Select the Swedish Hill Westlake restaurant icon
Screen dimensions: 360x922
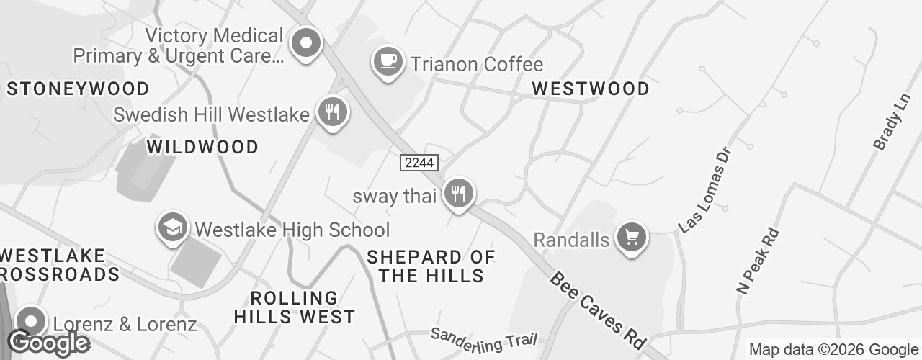[x=332, y=112]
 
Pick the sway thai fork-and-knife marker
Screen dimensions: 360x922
[x=457, y=193]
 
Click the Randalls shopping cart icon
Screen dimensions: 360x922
[x=632, y=236]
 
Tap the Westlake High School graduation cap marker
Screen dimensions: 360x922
[x=173, y=228]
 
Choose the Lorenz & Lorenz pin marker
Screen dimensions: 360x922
[x=30, y=322]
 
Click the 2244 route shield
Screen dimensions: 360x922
[x=419, y=163]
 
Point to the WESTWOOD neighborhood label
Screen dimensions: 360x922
[x=591, y=89]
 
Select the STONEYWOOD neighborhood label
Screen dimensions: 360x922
[x=78, y=89]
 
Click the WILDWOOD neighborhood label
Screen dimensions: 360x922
[x=202, y=147]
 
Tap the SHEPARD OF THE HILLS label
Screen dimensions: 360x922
[x=431, y=266]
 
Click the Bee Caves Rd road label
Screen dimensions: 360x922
[x=597, y=310]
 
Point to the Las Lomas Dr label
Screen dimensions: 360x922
[x=705, y=191]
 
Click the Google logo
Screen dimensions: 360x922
[x=49, y=343]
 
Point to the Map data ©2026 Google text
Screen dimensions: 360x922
[x=833, y=350]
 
